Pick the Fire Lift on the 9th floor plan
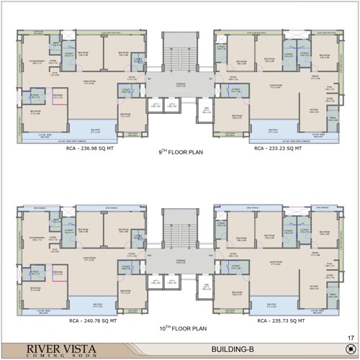tap(207, 110)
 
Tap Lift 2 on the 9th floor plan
tap(172, 106)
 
